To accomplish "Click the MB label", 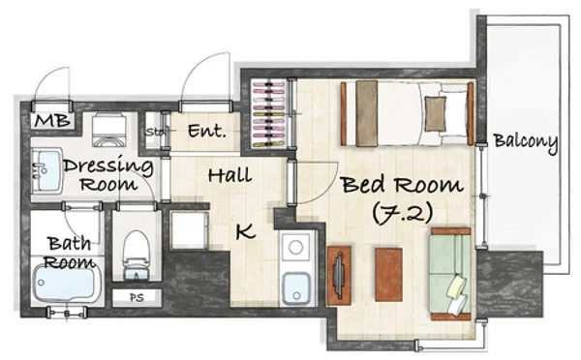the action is point(52,120).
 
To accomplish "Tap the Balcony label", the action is point(526,141).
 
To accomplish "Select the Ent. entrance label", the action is point(207,131).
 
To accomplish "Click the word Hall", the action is point(229,175).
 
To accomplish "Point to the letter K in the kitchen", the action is point(246,231).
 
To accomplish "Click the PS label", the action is point(137,297).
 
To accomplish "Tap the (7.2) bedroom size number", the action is point(403,213).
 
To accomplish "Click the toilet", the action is point(136,255).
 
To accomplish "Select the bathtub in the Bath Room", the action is point(66,283).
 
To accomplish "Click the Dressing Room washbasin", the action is point(47,170).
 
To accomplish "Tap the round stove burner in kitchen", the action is point(295,247).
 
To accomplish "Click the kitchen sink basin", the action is point(296,288).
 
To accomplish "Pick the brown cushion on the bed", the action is point(436,113).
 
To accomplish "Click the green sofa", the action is point(450,274).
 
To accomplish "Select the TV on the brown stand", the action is point(340,275).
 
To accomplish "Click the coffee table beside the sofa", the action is point(388,275).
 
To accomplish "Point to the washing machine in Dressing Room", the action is point(107,130).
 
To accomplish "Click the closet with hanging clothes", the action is point(268,113).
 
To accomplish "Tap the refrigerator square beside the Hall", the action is point(190,230).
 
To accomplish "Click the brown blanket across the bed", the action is point(366,113).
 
